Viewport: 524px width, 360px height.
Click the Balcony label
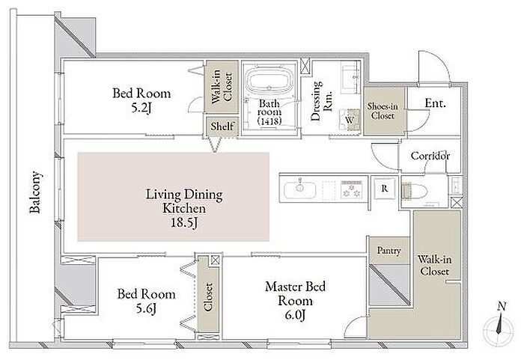(x=34, y=192)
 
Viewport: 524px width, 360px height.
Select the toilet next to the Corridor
(x=415, y=191)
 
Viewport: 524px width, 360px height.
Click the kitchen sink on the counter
(x=299, y=190)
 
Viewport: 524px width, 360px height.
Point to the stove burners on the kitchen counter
(x=351, y=190)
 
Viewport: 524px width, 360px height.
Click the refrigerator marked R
(x=384, y=189)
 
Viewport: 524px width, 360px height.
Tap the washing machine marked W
(x=350, y=120)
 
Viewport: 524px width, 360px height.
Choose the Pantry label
(x=389, y=251)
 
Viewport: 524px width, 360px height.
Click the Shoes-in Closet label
(x=383, y=111)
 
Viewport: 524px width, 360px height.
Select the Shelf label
(x=222, y=126)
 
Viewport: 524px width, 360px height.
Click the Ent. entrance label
(x=435, y=103)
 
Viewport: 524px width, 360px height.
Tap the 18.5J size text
(x=184, y=222)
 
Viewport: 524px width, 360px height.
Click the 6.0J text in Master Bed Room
(x=295, y=315)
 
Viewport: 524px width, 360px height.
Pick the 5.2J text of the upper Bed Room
(x=141, y=108)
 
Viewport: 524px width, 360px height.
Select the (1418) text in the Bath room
(x=269, y=120)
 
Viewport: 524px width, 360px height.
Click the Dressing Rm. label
(x=321, y=100)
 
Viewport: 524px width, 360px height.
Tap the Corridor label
(x=430, y=156)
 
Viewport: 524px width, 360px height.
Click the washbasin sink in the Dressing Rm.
(x=350, y=79)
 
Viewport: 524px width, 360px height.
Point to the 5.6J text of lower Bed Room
(x=146, y=308)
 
